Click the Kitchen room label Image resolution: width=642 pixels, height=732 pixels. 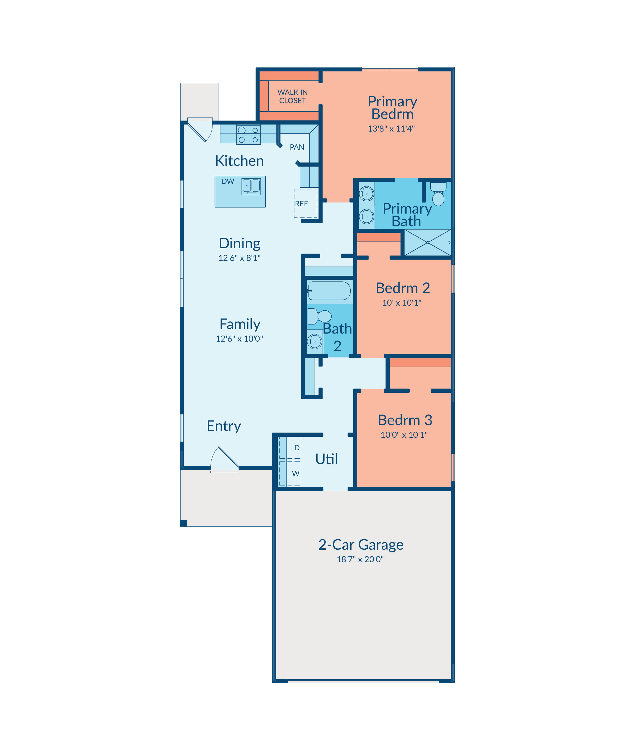(239, 161)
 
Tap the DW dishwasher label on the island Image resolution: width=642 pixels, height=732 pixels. (228, 181)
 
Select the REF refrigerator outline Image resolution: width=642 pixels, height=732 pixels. (306, 203)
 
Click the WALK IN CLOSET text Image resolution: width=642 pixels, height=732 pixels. (292, 96)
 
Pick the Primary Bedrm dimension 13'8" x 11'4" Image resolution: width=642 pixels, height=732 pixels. (391, 129)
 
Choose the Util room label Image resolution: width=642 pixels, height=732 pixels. (326, 459)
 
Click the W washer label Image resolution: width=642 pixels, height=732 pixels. (296, 474)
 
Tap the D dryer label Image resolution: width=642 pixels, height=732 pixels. (297, 448)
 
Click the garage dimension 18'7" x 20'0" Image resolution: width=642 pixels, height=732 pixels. (360, 559)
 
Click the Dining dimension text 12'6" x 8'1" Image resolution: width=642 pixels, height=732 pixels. (239, 258)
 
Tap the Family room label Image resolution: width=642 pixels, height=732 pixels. (240, 324)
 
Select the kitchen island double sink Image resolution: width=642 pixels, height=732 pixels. (251, 186)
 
